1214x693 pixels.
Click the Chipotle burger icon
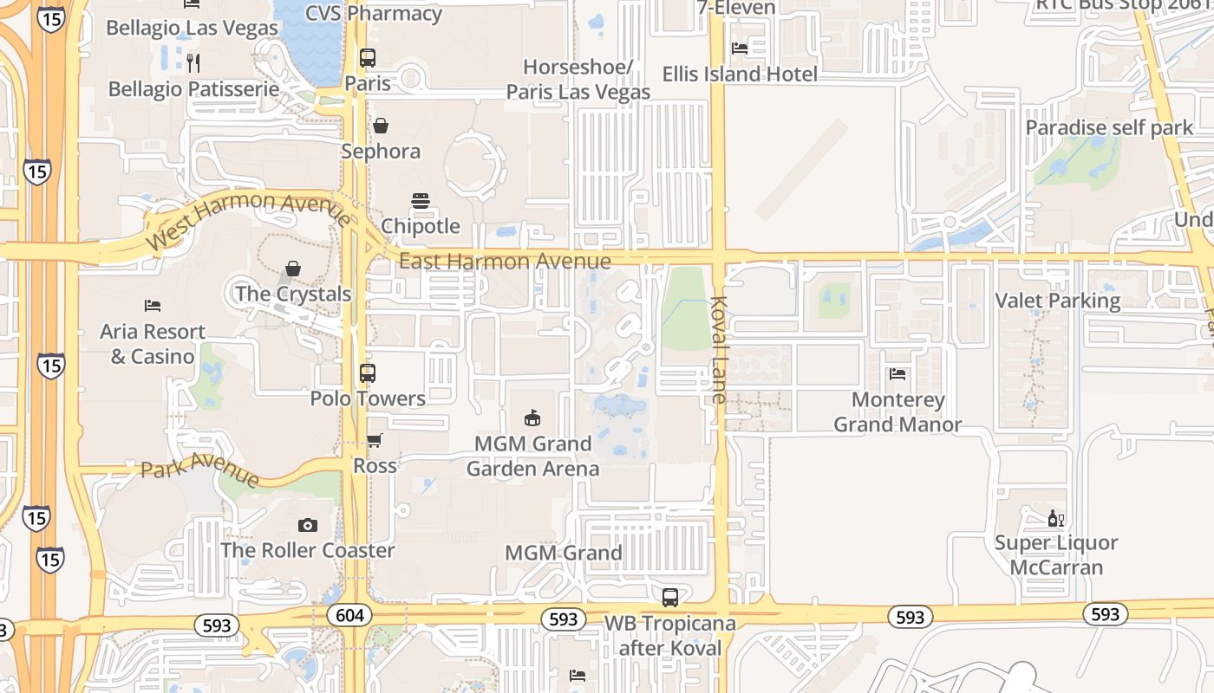pos(421,202)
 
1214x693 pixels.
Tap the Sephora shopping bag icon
pos(381,126)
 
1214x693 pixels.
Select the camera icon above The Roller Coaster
pos(307,525)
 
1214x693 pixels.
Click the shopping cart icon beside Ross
pos(375,441)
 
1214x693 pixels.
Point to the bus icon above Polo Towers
pos(368,373)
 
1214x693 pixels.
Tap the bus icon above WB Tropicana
pos(670,597)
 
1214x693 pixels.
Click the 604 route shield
pos(350,615)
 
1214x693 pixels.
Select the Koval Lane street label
pos(719,349)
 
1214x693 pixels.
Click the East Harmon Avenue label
pos(505,261)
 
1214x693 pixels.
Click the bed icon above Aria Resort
pos(153,306)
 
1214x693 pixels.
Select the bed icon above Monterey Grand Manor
pos(897,374)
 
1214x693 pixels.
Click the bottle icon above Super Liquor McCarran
pos(1055,518)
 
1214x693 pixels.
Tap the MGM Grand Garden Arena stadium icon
pos(532,418)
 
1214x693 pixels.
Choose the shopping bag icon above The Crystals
pos(293,269)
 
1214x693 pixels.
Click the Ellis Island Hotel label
pos(740,74)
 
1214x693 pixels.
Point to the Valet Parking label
pos(1058,301)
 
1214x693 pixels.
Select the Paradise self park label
pos(1110,128)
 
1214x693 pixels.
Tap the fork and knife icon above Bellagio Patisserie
pos(193,62)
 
